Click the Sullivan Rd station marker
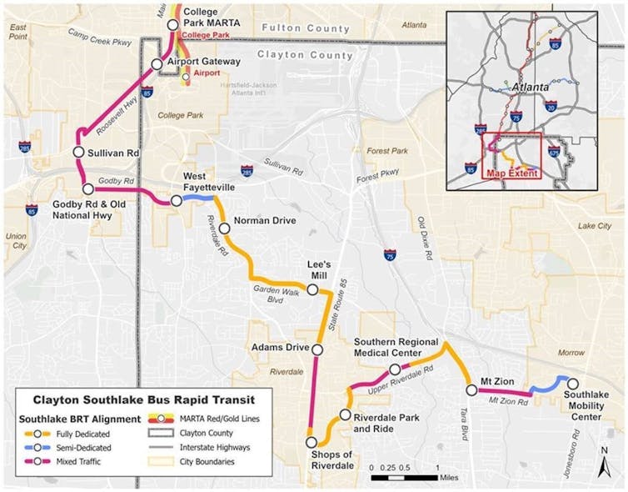point(77,153)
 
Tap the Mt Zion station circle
point(471,389)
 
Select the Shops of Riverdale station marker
point(312,443)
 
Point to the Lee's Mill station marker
point(312,290)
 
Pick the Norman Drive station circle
point(224,228)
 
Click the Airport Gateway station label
point(204,62)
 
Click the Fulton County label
point(293,28)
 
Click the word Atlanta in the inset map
point(530,86)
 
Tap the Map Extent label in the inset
point(511,173)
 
